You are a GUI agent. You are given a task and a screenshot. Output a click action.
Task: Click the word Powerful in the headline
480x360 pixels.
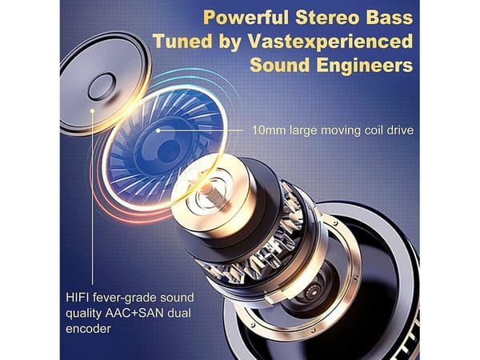(x=246, y=18)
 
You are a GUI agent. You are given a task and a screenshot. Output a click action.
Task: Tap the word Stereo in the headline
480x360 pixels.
(x=327, y=18)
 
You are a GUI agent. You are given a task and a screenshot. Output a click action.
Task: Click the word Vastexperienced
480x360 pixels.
(x=330, y=42)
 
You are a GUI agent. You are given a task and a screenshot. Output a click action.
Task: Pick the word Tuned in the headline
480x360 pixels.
(x=182, y=42)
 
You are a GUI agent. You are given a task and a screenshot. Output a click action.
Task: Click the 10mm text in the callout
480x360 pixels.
(x=269, y=130)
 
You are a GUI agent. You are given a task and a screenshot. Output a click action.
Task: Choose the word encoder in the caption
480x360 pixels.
(x=88, y=329)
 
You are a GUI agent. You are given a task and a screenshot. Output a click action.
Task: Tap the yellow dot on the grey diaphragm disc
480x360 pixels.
(x=93, y=111)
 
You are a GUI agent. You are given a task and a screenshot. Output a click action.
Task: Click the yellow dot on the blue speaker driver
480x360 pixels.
(x=158, y=130)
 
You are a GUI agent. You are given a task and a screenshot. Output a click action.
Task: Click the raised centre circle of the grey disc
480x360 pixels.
(x=102, y=87)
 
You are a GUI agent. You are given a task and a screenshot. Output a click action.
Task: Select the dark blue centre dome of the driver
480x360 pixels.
(x=168, y=151)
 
